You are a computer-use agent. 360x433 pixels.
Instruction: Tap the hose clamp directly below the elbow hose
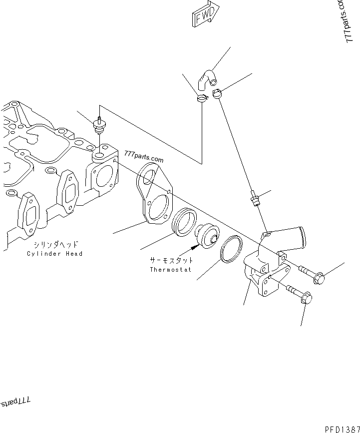(x=202, y=98)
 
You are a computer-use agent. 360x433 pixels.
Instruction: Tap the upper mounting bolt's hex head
(x=318, y=276)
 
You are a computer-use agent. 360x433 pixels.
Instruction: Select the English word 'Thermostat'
(x=171, y=270)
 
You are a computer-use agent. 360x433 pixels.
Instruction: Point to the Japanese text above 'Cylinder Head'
(x=56, y=245)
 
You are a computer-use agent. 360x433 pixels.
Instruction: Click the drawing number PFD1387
(x=342, y=428)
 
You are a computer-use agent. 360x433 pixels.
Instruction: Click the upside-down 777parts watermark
(x=15, y=402)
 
